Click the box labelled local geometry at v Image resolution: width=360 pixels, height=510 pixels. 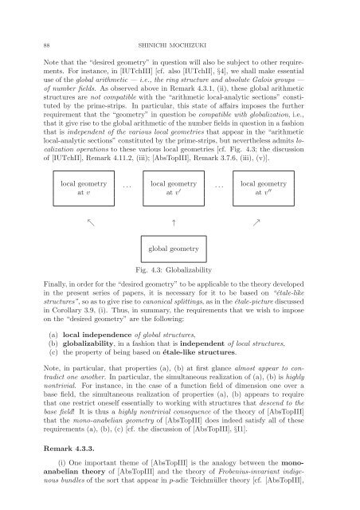[x=82, y=187]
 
